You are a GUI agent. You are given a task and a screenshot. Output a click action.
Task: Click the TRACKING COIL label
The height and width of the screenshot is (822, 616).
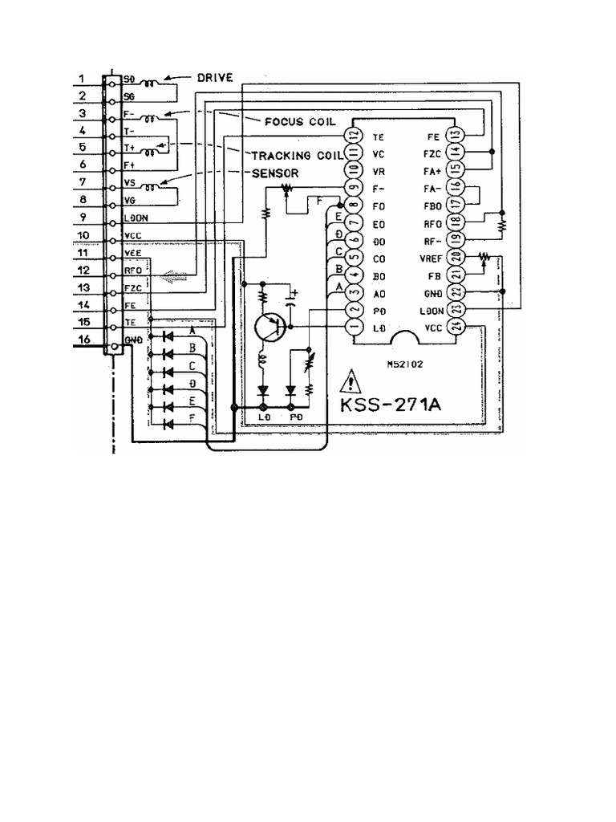tap(297, 154)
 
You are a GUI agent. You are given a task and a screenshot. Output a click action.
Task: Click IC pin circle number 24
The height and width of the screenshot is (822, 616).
tap(456, 326)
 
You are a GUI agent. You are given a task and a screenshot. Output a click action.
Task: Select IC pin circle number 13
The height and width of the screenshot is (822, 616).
tap(456, 135)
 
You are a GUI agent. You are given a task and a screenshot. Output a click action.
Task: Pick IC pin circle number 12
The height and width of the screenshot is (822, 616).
tap(350, 136)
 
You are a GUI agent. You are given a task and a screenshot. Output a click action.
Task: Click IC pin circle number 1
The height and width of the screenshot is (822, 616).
tap(350, 327)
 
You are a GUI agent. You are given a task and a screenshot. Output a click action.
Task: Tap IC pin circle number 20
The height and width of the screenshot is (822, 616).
tap(456, 257)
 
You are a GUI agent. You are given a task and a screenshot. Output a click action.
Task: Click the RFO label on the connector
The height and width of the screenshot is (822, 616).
tap(133, 271)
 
